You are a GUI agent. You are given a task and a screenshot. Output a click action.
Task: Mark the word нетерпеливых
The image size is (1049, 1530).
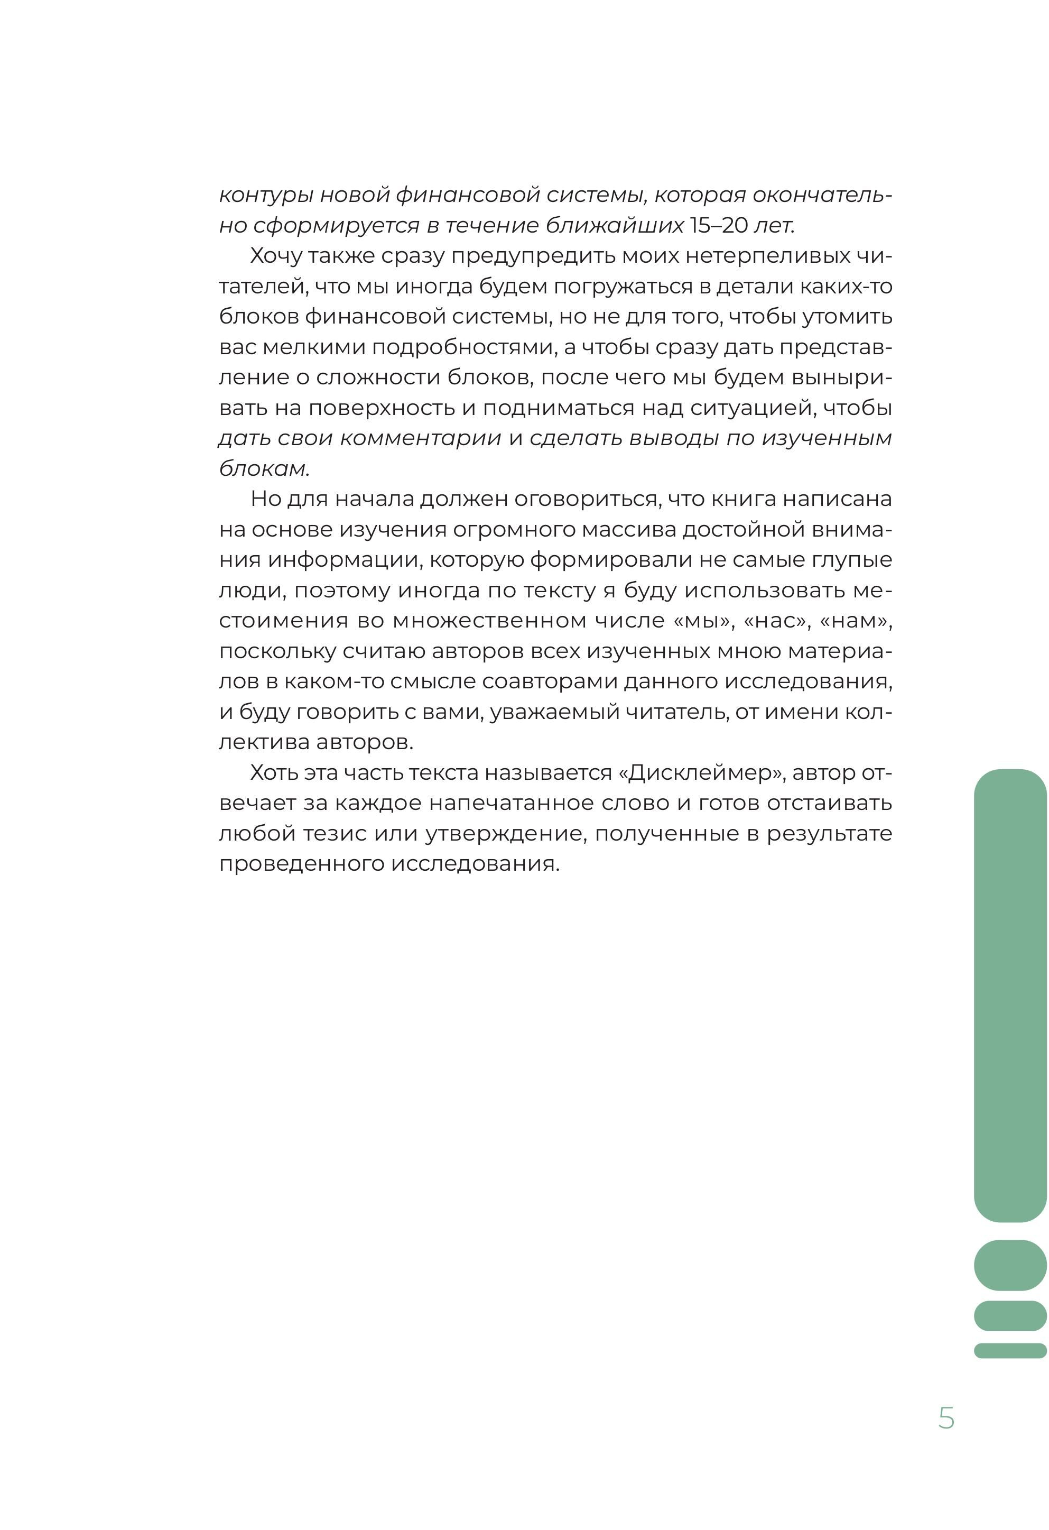click(x=767, y=256)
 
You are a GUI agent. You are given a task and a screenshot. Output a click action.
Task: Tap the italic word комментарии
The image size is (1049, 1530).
click(x=421, y=438)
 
